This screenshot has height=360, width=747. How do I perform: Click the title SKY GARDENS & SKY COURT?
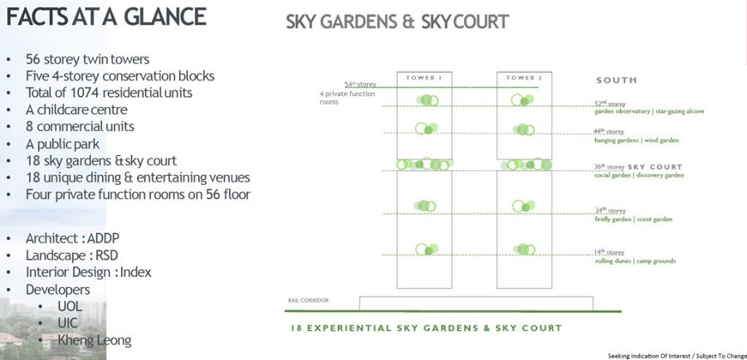tap(397, 22)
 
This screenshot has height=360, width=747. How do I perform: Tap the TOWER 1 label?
tap(423, 78)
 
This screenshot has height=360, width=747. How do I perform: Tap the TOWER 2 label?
tap(525, 78)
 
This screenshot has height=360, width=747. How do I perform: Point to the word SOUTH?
tap(617, 80)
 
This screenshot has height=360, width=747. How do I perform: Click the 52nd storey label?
tap(609, 104)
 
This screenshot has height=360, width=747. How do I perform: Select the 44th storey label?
tap(609, 132)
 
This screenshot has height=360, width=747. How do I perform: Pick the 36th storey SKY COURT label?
tap(637, 167)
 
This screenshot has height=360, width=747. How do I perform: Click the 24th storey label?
tap(609, 211)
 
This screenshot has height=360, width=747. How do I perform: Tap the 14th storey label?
tap(609, 252)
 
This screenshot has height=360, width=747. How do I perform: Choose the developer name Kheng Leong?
tap(95, 340)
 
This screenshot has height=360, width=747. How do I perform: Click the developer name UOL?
tap(70, 307)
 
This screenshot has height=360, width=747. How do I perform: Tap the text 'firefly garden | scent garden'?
tap(633, 220)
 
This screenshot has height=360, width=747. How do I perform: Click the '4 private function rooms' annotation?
tap(348, 98)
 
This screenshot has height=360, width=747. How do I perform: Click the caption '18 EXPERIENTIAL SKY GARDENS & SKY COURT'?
tap(427, 328)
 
